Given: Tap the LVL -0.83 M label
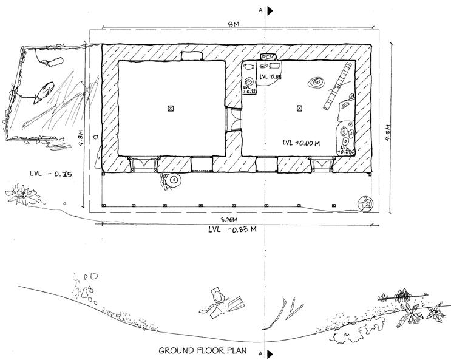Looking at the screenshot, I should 234,229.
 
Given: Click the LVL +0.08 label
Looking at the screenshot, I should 271,77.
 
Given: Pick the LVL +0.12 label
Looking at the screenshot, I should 248,89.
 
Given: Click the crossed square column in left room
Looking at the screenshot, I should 171,108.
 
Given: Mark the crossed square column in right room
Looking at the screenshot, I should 299,108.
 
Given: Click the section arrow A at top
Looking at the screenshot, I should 271,10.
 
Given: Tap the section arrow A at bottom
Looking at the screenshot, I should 271,352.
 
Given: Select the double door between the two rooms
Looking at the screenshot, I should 233,119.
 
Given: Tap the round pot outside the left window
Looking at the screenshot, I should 175,180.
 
